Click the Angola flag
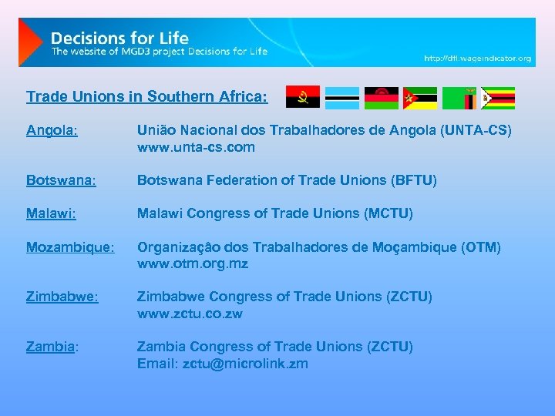tap(303, 98)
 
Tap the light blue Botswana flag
tap(342, 98)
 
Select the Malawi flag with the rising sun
tap(382, 98)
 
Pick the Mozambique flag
tap(420, 98)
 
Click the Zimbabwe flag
tap(498, 98)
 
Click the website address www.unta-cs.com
tap(196, 147)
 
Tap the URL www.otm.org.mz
tap(192, 263)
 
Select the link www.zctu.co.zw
tap(190, 314)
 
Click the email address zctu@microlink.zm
tap(245, 364)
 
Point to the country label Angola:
tap(52, 131)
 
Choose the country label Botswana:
tap(61, 180)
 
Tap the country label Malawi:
tap(51, 213)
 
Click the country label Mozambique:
tap(70, 247)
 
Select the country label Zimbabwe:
tap(62, 297)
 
